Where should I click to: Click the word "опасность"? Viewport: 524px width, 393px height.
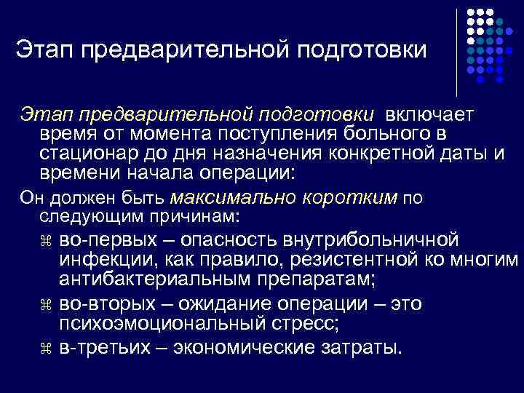pos(231,239)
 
